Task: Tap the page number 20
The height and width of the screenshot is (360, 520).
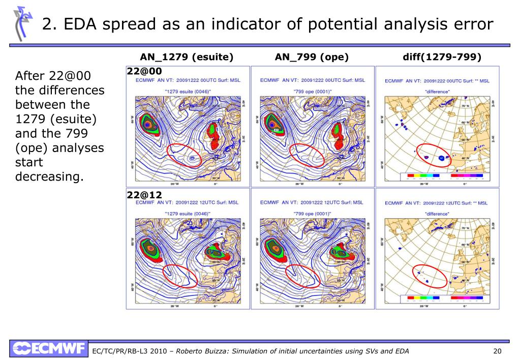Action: point(498,351)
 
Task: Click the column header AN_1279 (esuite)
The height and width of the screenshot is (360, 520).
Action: point(187,57)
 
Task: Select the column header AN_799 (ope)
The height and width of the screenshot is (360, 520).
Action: point(312,57)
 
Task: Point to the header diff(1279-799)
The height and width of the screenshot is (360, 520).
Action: point(442,57)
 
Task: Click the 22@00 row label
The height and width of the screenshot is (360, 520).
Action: point(144,71)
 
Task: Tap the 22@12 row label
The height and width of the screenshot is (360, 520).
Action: point(144,195)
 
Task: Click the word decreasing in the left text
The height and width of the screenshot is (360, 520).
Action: point(49,176)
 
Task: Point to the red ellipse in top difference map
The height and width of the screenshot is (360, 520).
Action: point(434,156)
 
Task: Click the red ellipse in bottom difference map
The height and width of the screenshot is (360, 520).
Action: point(430,277)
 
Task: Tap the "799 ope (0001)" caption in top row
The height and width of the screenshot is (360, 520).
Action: point(312,91)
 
